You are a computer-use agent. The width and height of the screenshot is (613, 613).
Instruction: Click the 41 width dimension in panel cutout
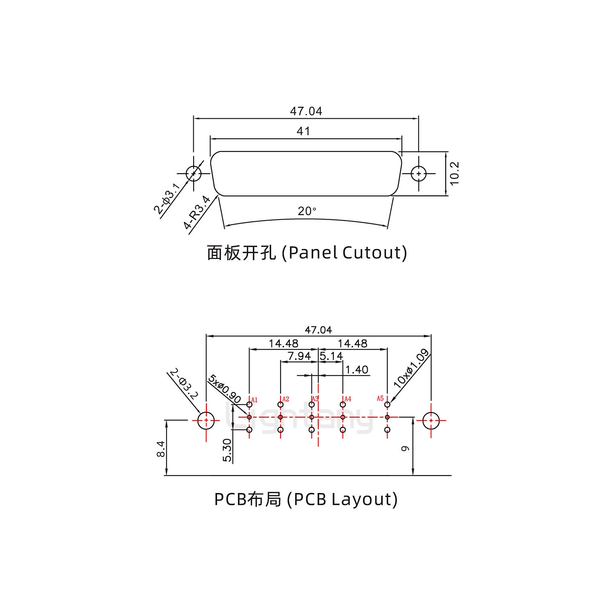[x=303, y=131]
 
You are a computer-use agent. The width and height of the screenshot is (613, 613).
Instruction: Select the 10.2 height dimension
[x=454, y=173]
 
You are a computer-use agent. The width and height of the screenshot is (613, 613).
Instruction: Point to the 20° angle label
[x=307, y=211]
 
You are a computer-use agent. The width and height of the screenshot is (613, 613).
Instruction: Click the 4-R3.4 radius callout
[x=197, y=212]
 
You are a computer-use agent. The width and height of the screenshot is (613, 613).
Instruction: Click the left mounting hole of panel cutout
[x=194, y=174]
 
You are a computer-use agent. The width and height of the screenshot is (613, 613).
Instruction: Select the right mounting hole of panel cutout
[x=419, y=174]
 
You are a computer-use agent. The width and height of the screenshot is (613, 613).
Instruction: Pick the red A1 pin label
[x=255, y=400]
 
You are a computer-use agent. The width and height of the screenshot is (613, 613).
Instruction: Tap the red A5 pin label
[x=380, y=398]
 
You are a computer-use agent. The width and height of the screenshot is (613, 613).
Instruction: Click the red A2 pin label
[x=286, y=399]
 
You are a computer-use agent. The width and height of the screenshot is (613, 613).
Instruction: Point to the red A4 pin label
[x=348, y=399]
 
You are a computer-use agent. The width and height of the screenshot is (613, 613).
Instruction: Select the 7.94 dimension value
[x=299, y=356]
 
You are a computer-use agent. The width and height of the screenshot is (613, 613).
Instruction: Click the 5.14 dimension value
[x=331, y=356]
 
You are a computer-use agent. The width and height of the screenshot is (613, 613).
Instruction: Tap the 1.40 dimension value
[x=357, y=370]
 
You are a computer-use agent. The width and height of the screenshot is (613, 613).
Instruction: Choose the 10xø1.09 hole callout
[x=411, y=368]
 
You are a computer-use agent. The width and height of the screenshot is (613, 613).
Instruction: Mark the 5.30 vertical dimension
[x=227, y=450]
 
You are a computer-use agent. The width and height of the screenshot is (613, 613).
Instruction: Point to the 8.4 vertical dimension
[x=160, y=449]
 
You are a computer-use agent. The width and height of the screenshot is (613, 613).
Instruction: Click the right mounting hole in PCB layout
[x=431, y=420]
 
